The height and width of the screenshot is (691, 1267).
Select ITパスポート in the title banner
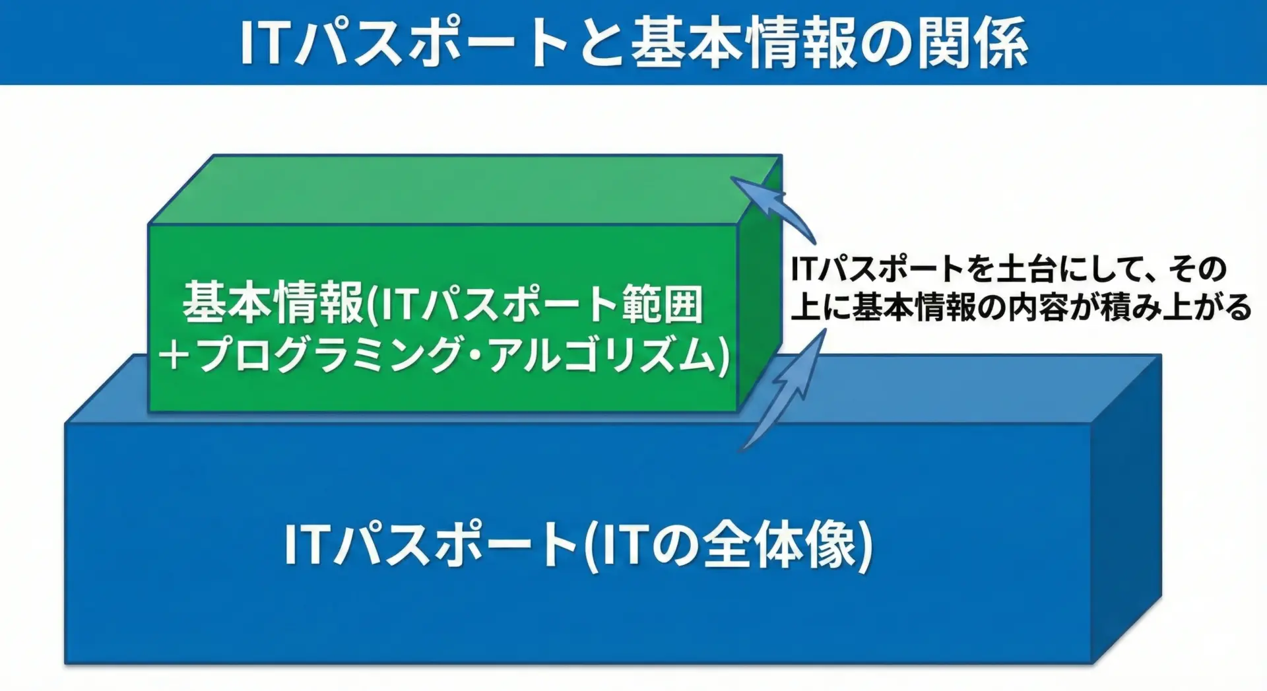point(403,43)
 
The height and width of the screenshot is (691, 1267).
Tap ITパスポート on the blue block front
point(431,544)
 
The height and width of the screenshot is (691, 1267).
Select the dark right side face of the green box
point(760,284)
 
